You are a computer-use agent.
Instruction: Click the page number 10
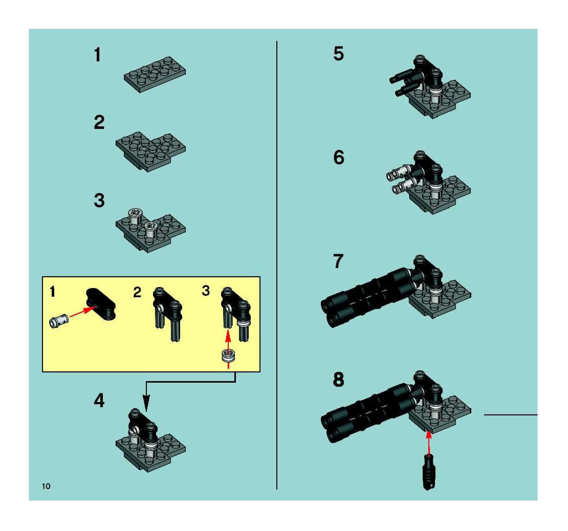46,486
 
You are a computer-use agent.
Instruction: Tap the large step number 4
99,401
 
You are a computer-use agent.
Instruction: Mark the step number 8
338,380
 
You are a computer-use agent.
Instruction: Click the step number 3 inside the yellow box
206,291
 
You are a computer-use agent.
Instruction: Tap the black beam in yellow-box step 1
101,304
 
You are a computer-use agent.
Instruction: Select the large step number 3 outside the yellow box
99,200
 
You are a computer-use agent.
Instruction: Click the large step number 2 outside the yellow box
99,123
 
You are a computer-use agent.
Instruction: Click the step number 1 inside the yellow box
52,292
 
